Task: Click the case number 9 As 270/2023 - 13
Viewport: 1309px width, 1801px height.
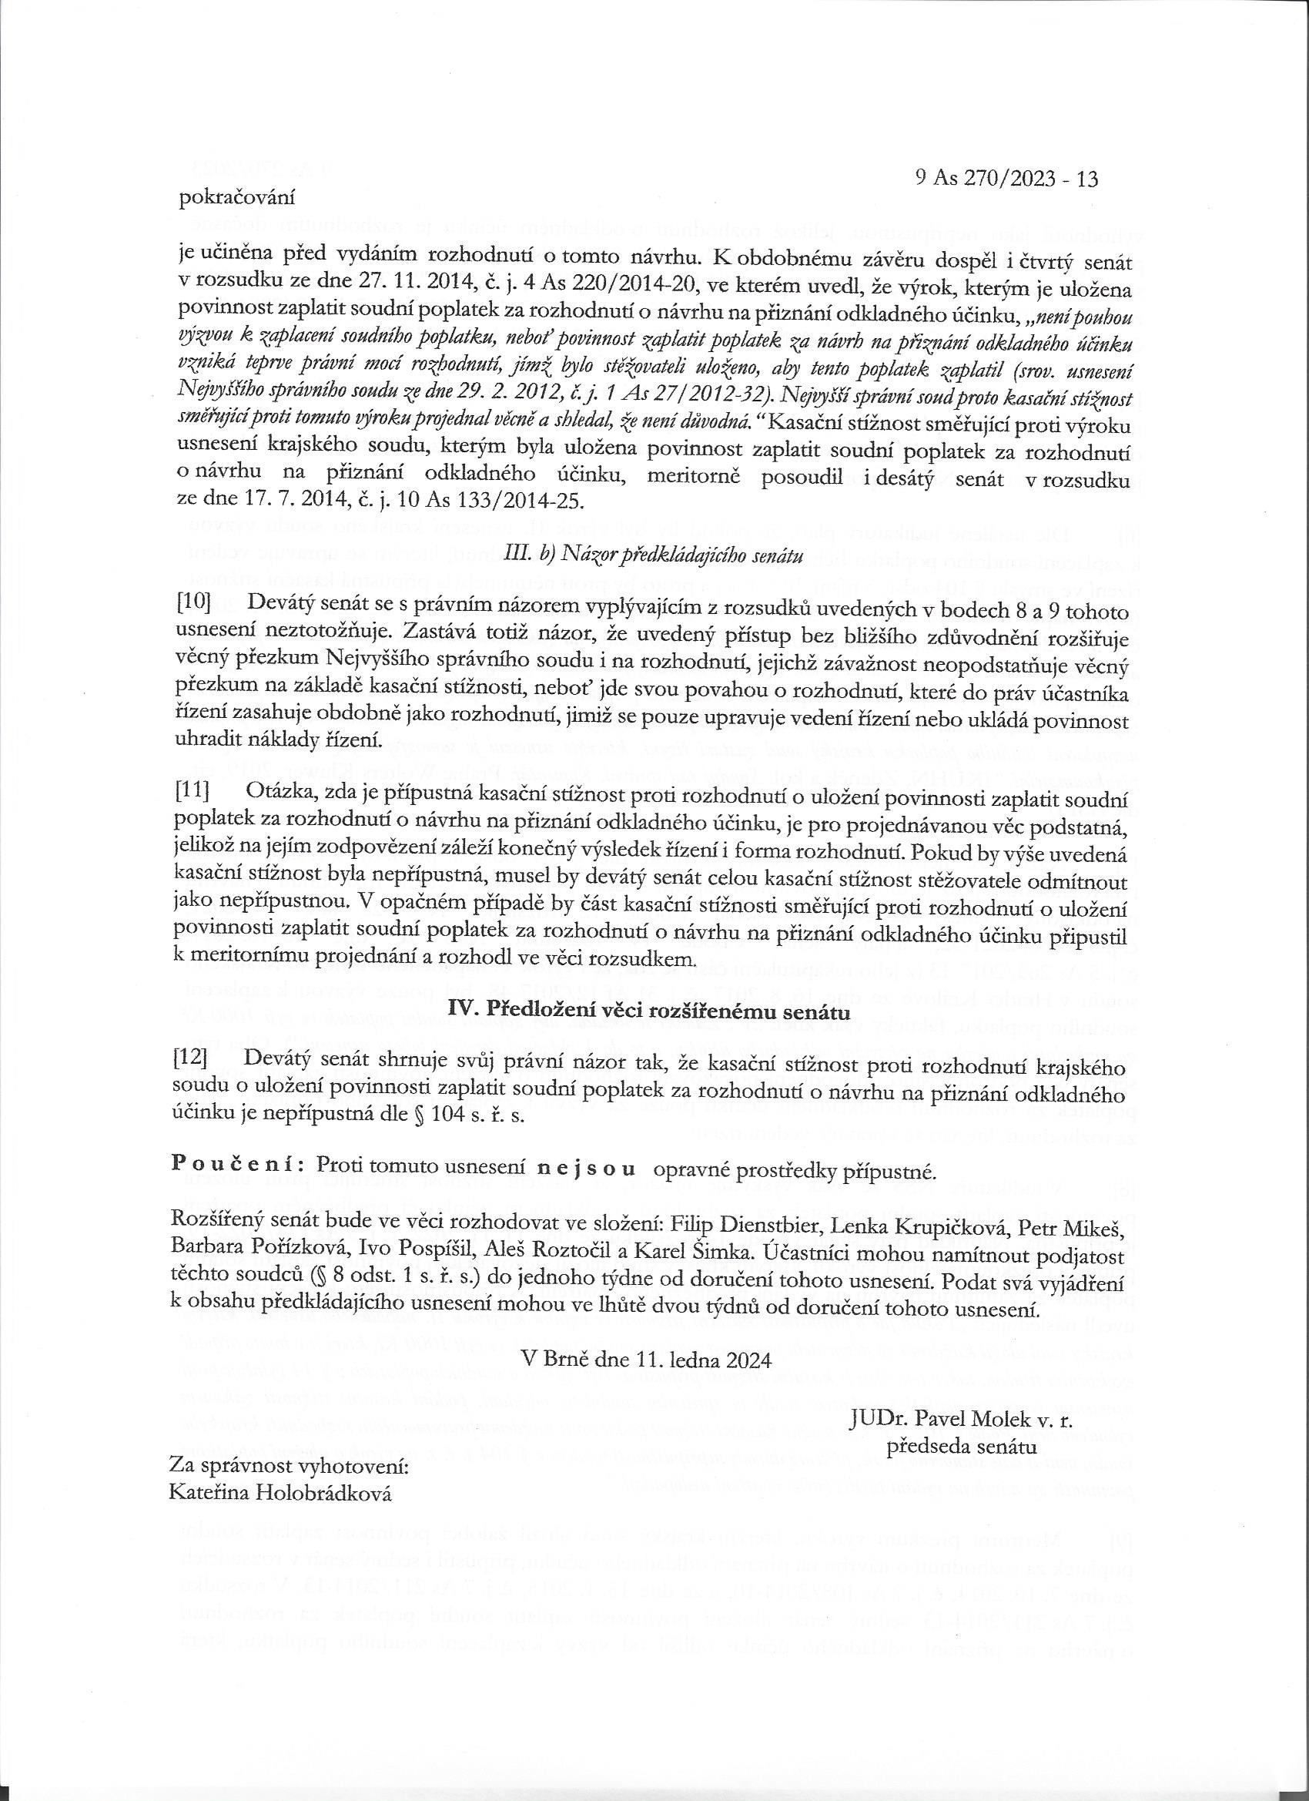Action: point(1006,179)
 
